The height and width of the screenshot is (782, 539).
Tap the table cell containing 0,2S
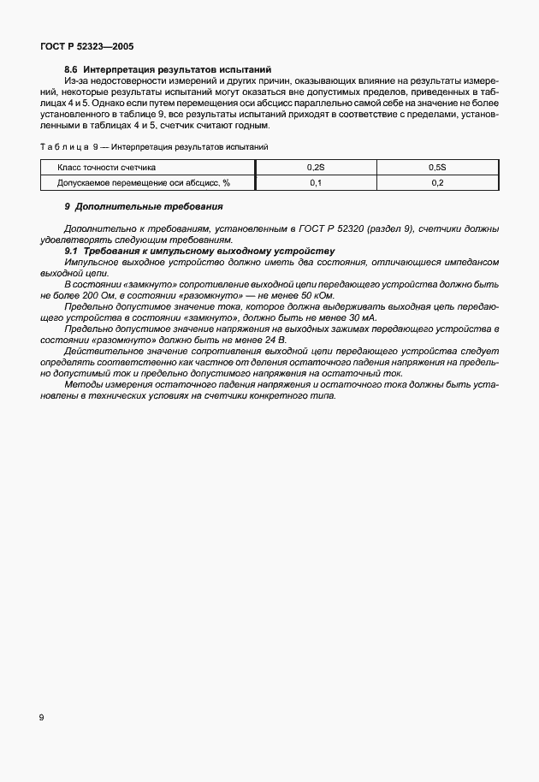[x=315, y=168]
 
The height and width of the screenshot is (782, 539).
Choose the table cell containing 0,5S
[x=437, y=168]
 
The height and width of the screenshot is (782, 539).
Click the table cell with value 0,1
[x=315, y=182]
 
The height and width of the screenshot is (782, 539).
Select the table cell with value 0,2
[x=437, y=182]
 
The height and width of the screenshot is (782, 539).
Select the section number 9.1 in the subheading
[x=72, y=251]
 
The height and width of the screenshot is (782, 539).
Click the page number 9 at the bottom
[x=41, y=716]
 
